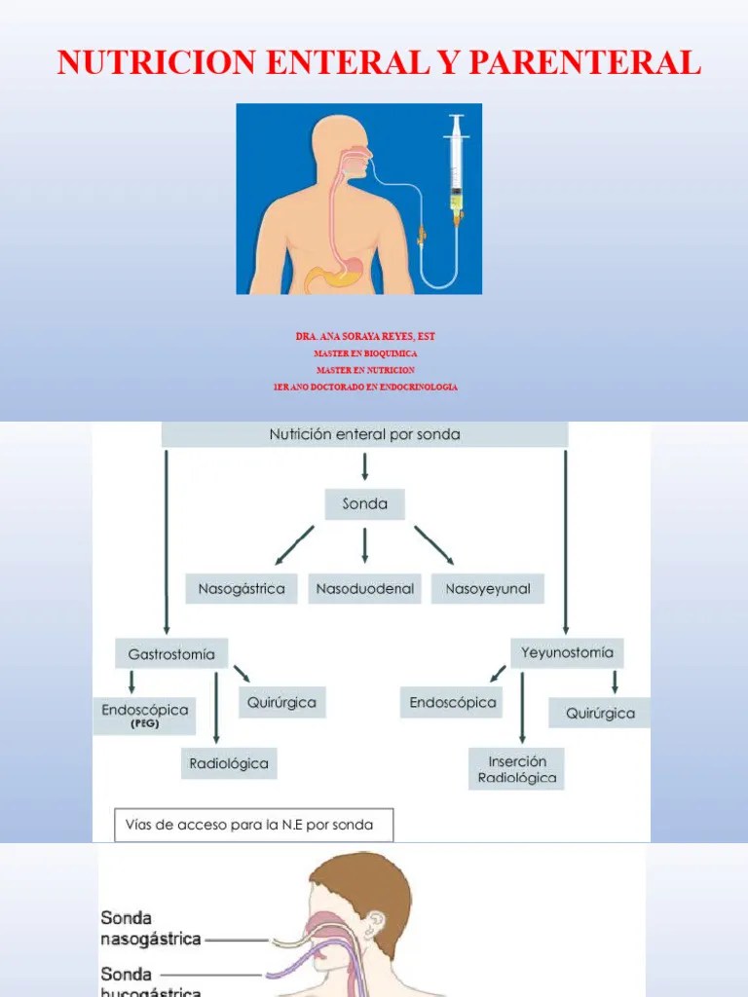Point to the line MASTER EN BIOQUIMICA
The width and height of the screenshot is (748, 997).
pos(365,353)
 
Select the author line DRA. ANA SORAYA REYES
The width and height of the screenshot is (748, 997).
pos(365,337)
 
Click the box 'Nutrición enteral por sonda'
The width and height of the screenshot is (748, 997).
pos(364,434)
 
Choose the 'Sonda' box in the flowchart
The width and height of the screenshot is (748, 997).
pos(364,503)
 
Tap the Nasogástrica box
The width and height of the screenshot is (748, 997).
pos(242,588)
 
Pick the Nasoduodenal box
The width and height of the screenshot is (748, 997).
pos(364,588)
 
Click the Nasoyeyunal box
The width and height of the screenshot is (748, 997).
pos(487,588)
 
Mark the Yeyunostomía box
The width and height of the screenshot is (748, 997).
pos(568,652)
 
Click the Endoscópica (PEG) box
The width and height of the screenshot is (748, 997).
pos(144,715)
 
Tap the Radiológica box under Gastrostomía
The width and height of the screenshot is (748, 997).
pos(229,763)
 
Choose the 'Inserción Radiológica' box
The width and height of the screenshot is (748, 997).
pos(516,768)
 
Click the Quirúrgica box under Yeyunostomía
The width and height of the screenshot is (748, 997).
pos(600,713)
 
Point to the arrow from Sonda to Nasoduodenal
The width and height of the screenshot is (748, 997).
pos(364,545)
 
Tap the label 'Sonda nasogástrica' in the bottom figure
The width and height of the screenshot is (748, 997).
pos(151,929)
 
